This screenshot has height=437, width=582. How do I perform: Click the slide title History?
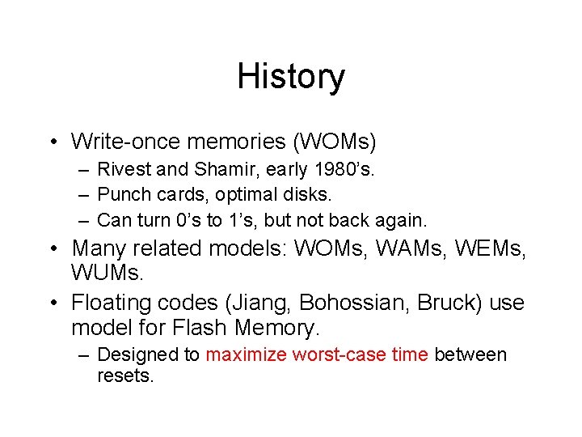tap(291, 77)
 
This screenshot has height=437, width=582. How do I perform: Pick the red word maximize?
tap(247, 354)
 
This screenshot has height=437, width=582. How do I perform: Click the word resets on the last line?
tap(124, 375)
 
